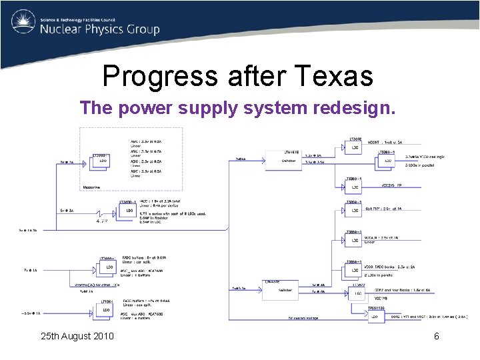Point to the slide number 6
click(x=437, y=336)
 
